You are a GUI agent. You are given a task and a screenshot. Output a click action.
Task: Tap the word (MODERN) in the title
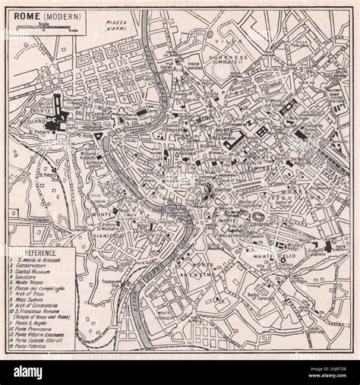[x=56, y=17]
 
